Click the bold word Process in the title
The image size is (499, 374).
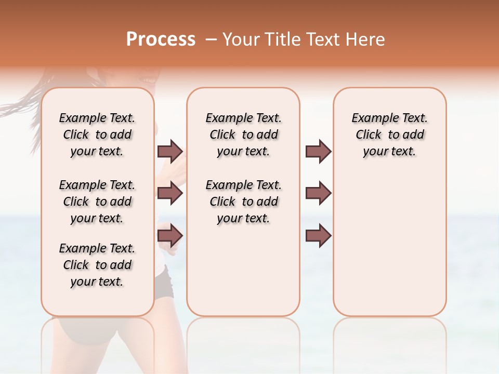pyautogui.click(x=161, y=39)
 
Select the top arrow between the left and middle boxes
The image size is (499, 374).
pyautogui.click(x=170, y=152)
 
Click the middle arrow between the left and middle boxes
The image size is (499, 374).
pyautogui.click(x=170, y=194)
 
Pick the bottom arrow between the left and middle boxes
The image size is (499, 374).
pyautogui.click(x=170, y=236)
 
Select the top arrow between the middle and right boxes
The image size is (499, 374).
pyautogui.click(x=318, y=152)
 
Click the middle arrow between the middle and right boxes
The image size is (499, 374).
pyautogui.click(x=318, y=194)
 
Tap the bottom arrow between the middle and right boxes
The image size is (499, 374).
pyautogui.click(x=318, y=236)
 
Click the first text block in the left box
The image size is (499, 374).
pyautogui.click(x=97, y=135)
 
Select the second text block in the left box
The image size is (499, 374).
pyautogui.click(x=97, y=202)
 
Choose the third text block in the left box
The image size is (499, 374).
pyautogui.click(x=97, y=265)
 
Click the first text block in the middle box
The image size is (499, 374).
pyautogui.click(x=243, y=135)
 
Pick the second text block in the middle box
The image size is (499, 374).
pyautogui.click(x=243, y=202)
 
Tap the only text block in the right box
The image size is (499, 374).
pyautogui.click(x=389, y=135)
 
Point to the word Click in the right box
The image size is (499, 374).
pyautogui.click(x=369, y=135)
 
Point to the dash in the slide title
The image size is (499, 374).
pyautogui.click(x=211, y=39)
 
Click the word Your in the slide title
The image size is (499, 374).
pyautogui.click(x=240, y=39)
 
